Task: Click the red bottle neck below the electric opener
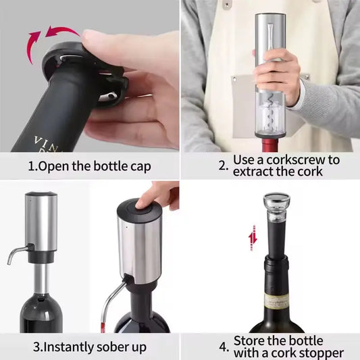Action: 270,143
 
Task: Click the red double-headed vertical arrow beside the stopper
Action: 252,234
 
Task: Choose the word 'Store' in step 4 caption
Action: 253,340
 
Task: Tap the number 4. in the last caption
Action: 224,347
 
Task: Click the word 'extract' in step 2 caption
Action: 253,172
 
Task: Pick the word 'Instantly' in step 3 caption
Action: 64,348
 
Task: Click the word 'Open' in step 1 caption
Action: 54,166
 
